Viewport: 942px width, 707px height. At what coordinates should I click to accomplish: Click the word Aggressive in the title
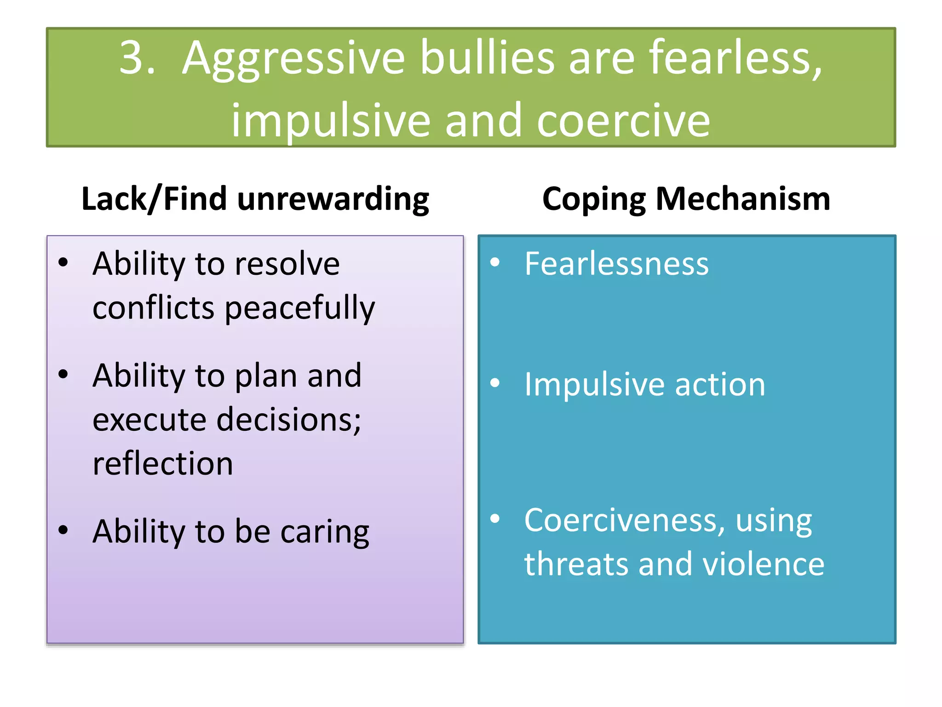(293, 60)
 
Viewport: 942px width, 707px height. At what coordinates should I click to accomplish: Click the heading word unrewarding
(333, 199)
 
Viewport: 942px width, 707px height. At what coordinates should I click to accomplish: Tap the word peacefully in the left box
(300, 308)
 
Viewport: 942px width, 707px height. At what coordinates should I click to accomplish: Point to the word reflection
(162, 463)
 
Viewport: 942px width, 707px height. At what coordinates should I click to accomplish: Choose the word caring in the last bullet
(324, 532)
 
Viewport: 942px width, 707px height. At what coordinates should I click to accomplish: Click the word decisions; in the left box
(289, 420)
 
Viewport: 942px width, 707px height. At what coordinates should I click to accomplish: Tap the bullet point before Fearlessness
(495, 262)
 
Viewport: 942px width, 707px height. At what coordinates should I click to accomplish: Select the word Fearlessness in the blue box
(616, 264)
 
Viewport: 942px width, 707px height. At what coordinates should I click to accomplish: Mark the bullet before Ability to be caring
(63, 530)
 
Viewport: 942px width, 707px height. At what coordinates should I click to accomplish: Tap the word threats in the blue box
(576, 564)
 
